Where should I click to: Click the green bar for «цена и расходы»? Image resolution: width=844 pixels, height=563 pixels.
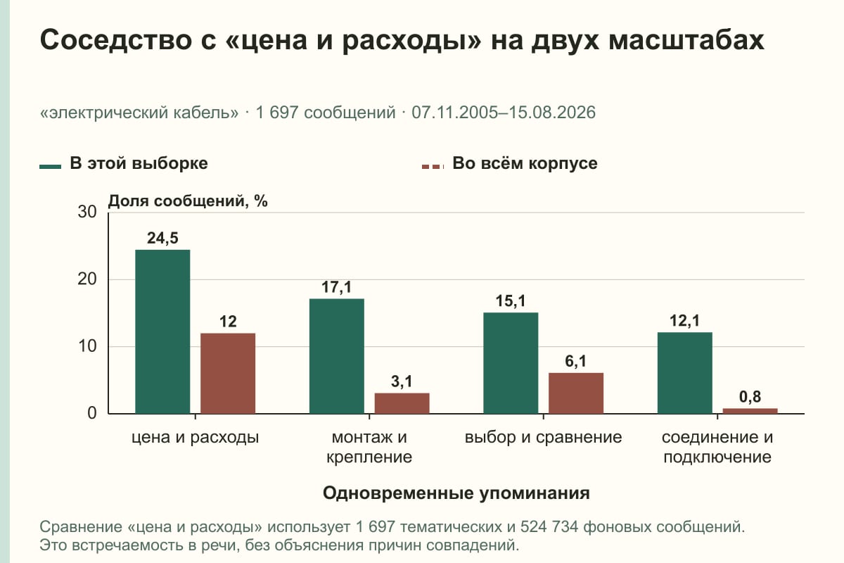[162, 331]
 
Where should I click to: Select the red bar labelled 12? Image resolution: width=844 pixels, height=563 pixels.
[228, 373]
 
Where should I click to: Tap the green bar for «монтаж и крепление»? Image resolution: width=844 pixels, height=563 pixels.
[336, 356]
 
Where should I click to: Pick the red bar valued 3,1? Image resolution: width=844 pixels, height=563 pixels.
[402, 403]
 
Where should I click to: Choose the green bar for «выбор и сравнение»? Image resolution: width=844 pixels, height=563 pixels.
[511, 362]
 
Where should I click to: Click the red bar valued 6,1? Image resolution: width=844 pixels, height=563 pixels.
[576, 393]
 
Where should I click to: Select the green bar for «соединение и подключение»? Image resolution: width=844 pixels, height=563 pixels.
[684, 373]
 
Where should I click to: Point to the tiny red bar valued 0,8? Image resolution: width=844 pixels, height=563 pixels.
[750, 411]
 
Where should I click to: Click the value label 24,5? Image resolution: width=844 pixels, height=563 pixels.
[162, 239]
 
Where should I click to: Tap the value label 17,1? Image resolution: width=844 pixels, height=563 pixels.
[336, 287]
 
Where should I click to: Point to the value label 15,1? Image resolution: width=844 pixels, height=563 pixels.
[511, 301]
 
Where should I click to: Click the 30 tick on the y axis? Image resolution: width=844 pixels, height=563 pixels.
[87, 212]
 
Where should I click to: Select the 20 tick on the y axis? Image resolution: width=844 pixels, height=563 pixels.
[87, 279]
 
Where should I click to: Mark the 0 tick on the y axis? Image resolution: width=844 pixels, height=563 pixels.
[92, 413]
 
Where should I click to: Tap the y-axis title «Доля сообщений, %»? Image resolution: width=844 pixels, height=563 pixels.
[188, 201]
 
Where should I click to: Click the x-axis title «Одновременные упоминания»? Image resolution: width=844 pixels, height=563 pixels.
[456, 493]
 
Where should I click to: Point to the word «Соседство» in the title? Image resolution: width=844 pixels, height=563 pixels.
[115, 39]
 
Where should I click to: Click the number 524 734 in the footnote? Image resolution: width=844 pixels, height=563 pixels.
[549, 527]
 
